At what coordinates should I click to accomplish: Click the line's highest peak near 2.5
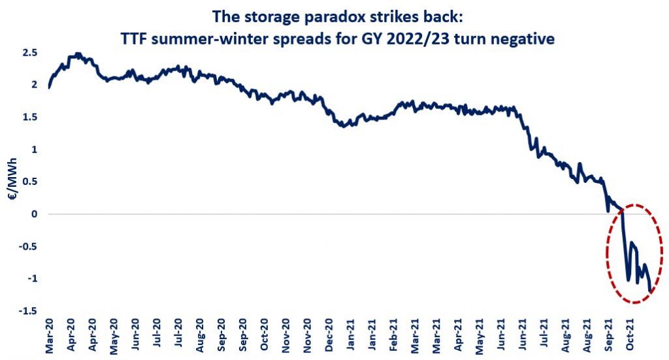(x=78, y=54)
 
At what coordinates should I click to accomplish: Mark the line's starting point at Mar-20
(x=50, y=86)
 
